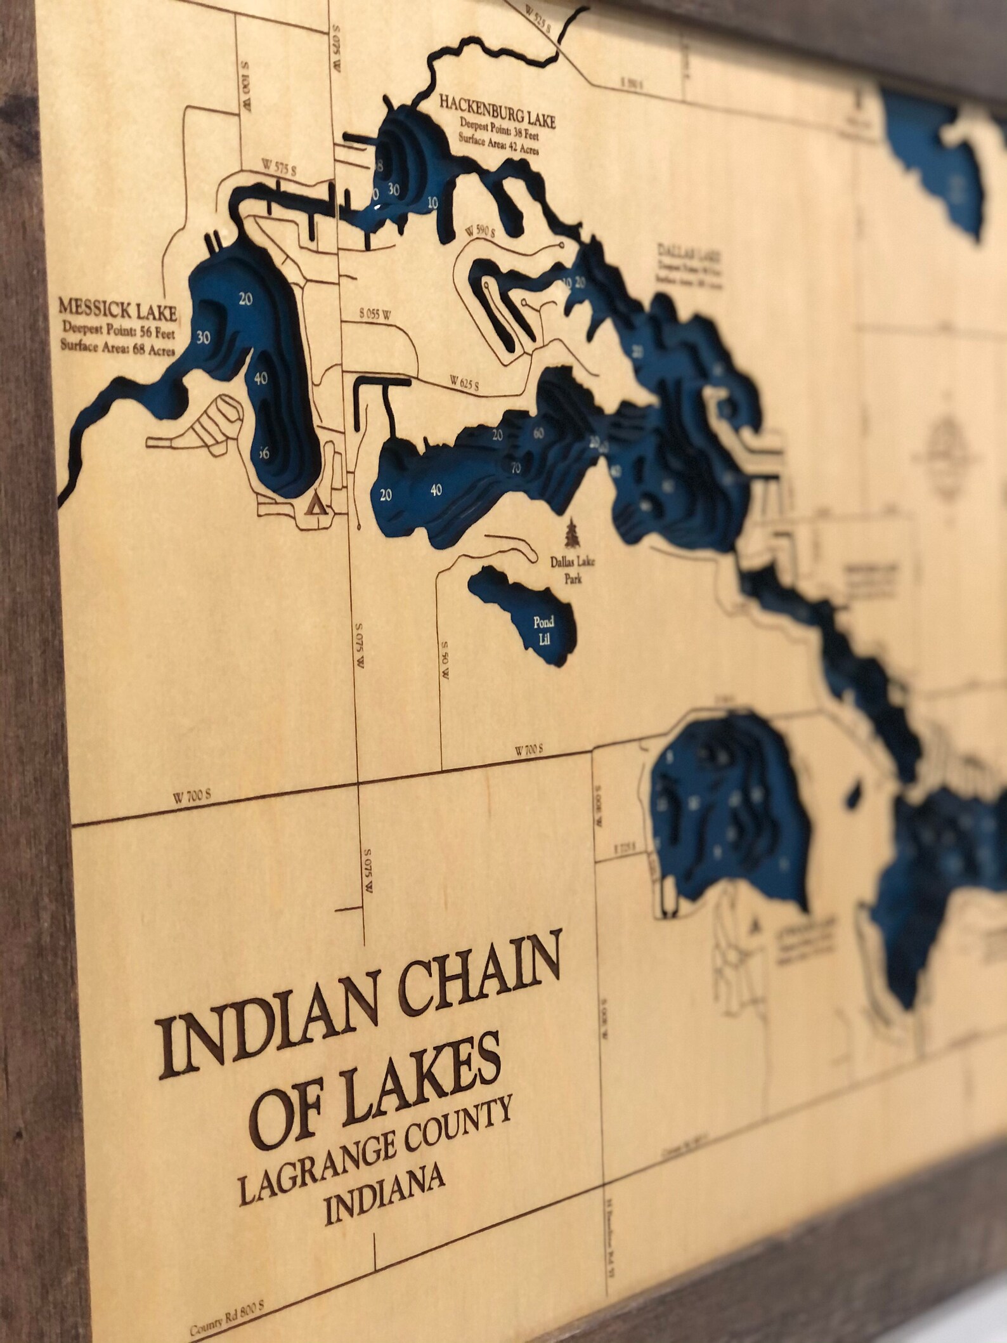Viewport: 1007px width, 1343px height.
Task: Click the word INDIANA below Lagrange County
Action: (384, 1179)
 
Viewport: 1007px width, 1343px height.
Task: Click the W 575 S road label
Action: (278, 168)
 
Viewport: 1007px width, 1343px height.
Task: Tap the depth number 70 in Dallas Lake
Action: (516, 469)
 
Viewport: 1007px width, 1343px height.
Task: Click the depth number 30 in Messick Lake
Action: (203, 337)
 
